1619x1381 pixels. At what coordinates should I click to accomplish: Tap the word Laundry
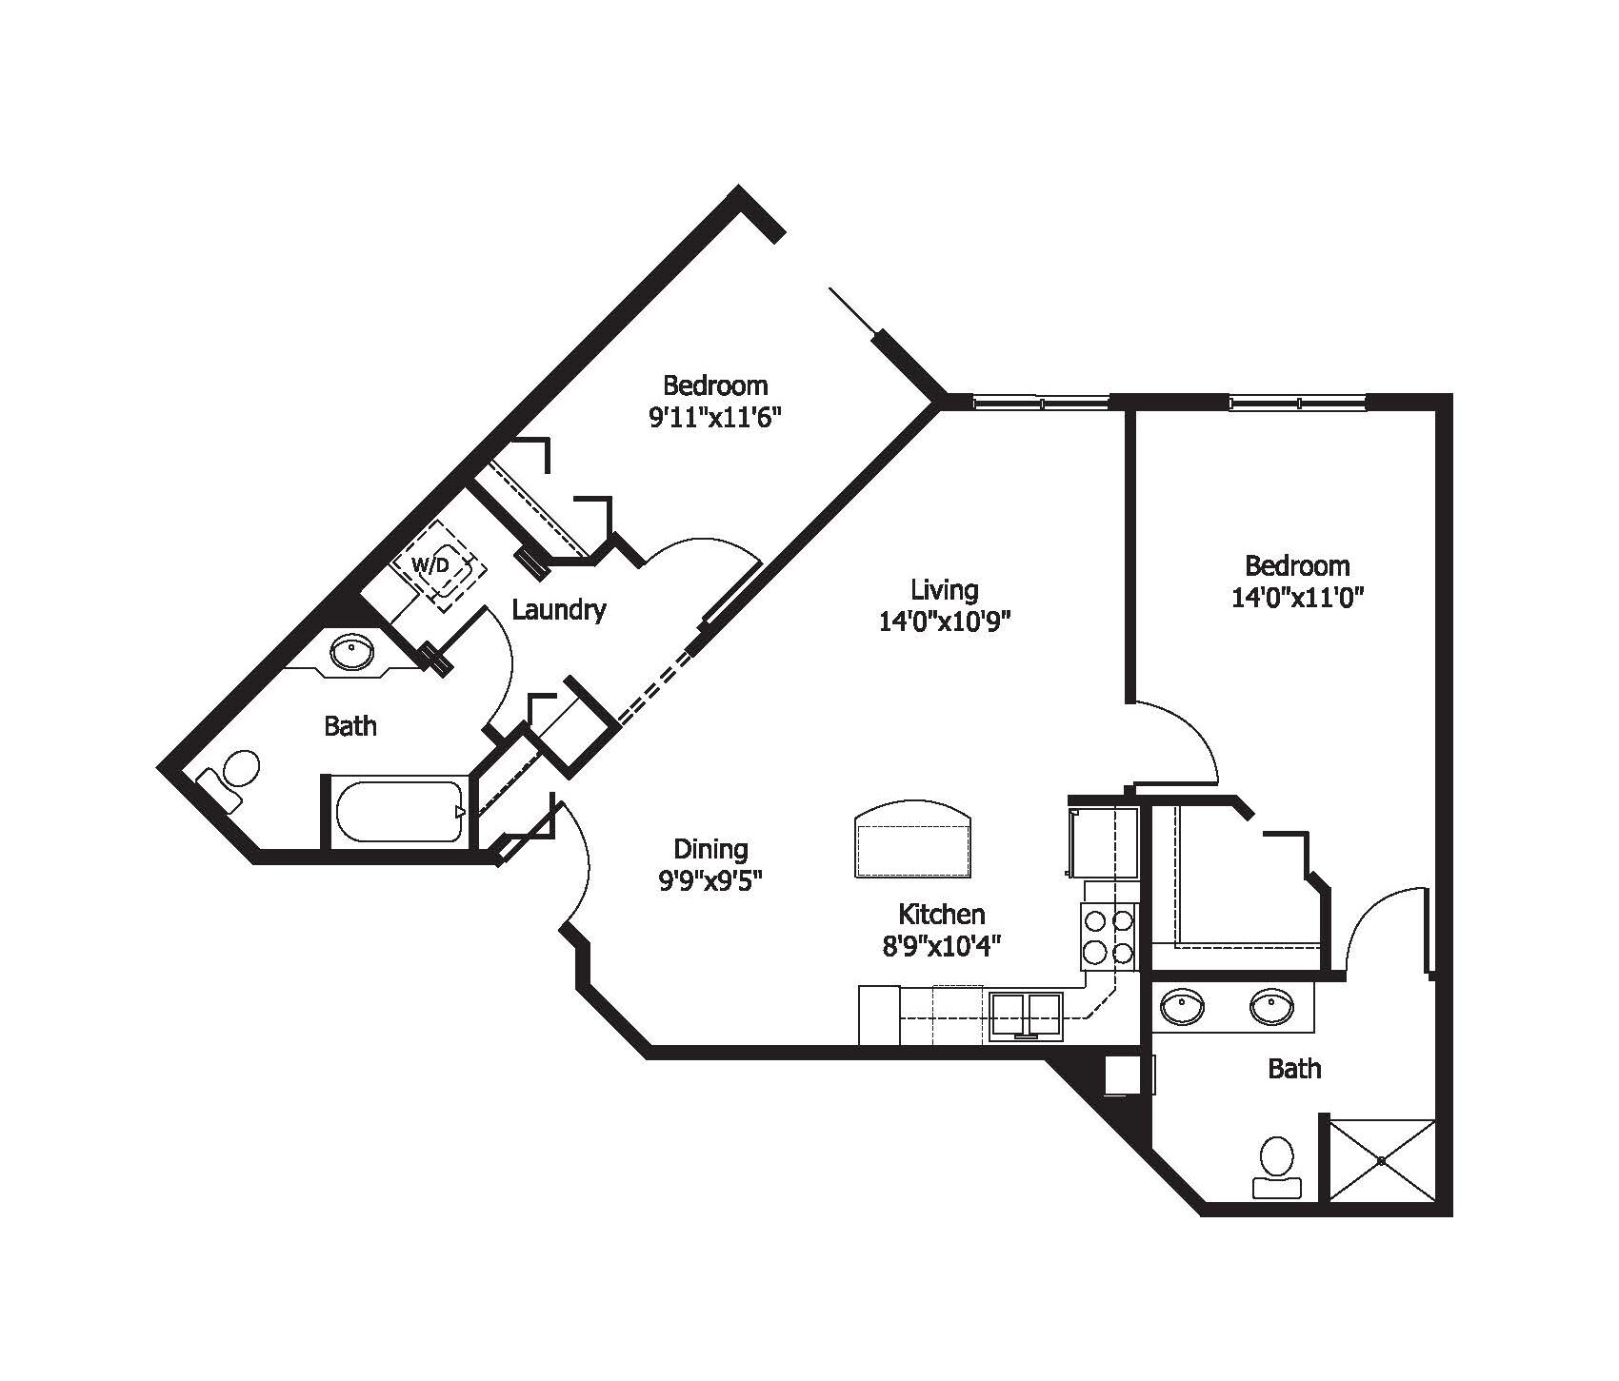coord(558,610)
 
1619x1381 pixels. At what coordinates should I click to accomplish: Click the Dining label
coord(710,848)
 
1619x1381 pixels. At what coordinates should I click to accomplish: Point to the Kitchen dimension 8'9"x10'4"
coord(941,945)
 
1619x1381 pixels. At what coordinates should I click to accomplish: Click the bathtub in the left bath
coord(398,812)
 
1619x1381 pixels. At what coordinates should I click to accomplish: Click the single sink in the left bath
coord(351,653)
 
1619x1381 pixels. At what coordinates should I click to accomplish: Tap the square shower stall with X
coord(1381,1160)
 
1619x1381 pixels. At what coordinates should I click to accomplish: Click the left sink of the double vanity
coord(1182,1004)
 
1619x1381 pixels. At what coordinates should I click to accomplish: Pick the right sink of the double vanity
coord(1270,1004)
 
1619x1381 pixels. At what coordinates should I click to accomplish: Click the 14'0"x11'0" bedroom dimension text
coord(1297,598)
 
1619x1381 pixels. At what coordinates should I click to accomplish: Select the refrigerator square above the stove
coord(1103,842)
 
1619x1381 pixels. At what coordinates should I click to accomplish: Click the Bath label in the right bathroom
coord(1294,1069)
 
